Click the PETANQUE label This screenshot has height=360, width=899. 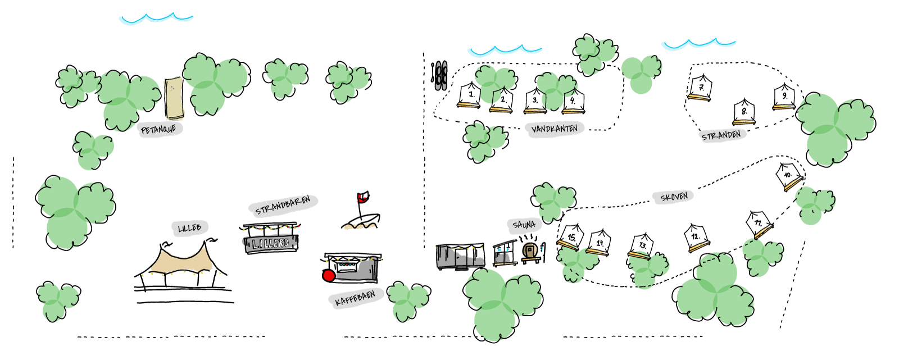(x=159, y=130)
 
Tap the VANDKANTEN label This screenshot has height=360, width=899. (x=555, y=129)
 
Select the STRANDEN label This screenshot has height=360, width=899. (x=721, y=135)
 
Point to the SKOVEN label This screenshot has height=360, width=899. (x=674, y=197)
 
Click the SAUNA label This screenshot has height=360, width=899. (x=524, y=225)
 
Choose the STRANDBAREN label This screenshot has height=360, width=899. (x=283, y=206)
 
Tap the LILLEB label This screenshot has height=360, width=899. (x=189, y=227)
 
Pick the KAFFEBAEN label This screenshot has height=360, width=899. (x=355, y=298)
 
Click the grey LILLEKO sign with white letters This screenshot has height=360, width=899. (x=271, y=243)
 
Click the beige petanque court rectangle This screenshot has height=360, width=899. (x=174, y=98)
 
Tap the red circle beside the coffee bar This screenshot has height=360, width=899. (x=329, y=275)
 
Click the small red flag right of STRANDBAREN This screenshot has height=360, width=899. (x=361, y=198)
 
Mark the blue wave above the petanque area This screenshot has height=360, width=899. (x=156, y=19)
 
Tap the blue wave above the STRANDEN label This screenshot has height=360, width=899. (x=698, y=44)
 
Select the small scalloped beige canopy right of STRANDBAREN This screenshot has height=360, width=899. (x=360, y=226)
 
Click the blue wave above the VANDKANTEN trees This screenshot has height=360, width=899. (x=505, y=51)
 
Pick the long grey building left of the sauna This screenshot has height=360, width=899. (x=460, y=257)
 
